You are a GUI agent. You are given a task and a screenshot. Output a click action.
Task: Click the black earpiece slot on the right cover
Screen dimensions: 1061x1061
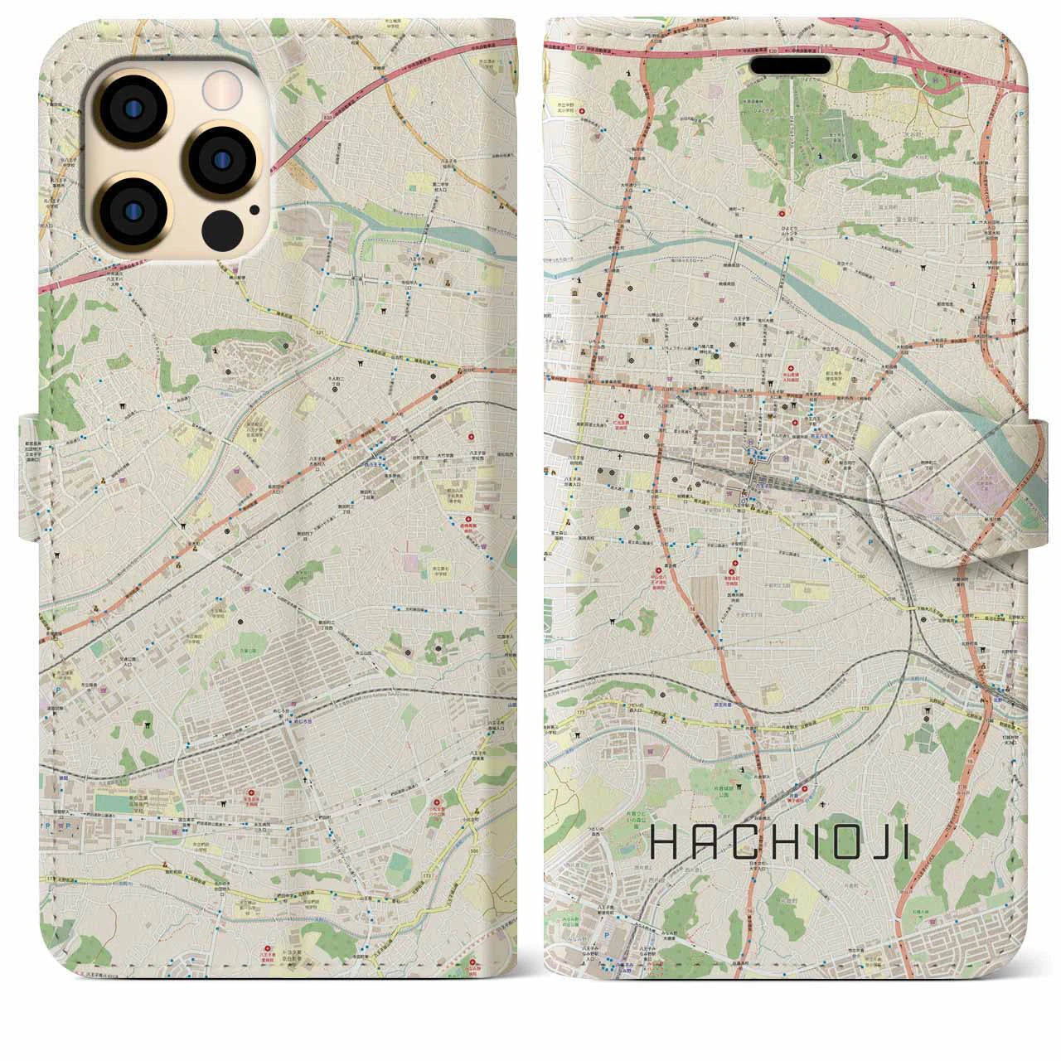pyautogui.click(x=800, y=65)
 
